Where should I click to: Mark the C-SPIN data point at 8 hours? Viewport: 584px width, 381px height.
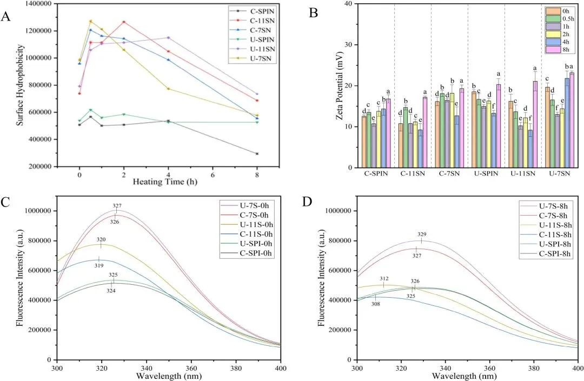coord(257,154)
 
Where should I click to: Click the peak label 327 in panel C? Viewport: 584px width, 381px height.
coord(117,206)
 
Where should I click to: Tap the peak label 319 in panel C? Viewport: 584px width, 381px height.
coord(99,265)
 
